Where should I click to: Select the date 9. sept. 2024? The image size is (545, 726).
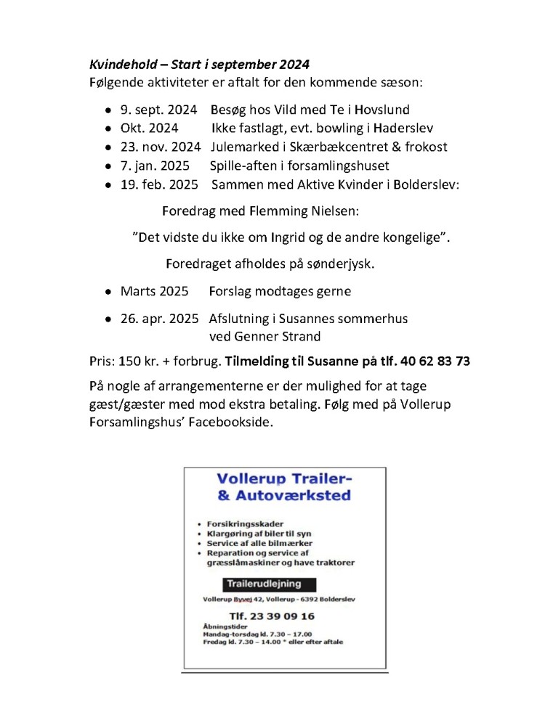[158, 110]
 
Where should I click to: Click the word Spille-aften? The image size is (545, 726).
[246, 166]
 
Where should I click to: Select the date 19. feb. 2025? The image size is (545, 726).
[159, 184]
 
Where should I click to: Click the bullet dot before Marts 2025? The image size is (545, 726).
[108, 292]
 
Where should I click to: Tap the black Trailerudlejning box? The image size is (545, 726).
[261, 584]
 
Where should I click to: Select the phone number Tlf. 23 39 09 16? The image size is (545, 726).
[262, 616]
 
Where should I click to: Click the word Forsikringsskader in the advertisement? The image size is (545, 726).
[245, 523]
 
